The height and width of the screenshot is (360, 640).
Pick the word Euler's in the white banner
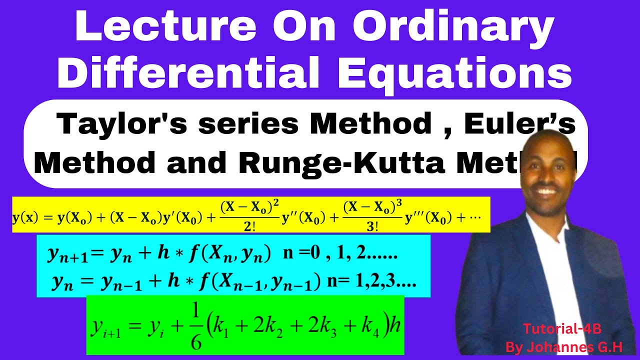pyautogui.click(x=520, y=124)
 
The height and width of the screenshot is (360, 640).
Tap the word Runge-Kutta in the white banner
pyautogui.click(x=340, y=162)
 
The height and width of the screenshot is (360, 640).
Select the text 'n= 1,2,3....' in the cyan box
pyautogui.click(x=371, y=283)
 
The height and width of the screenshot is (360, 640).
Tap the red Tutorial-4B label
pyautogui.click(x=561, y=328)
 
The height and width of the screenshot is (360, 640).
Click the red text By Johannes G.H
pyautogui.click(x=564, y=346)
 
